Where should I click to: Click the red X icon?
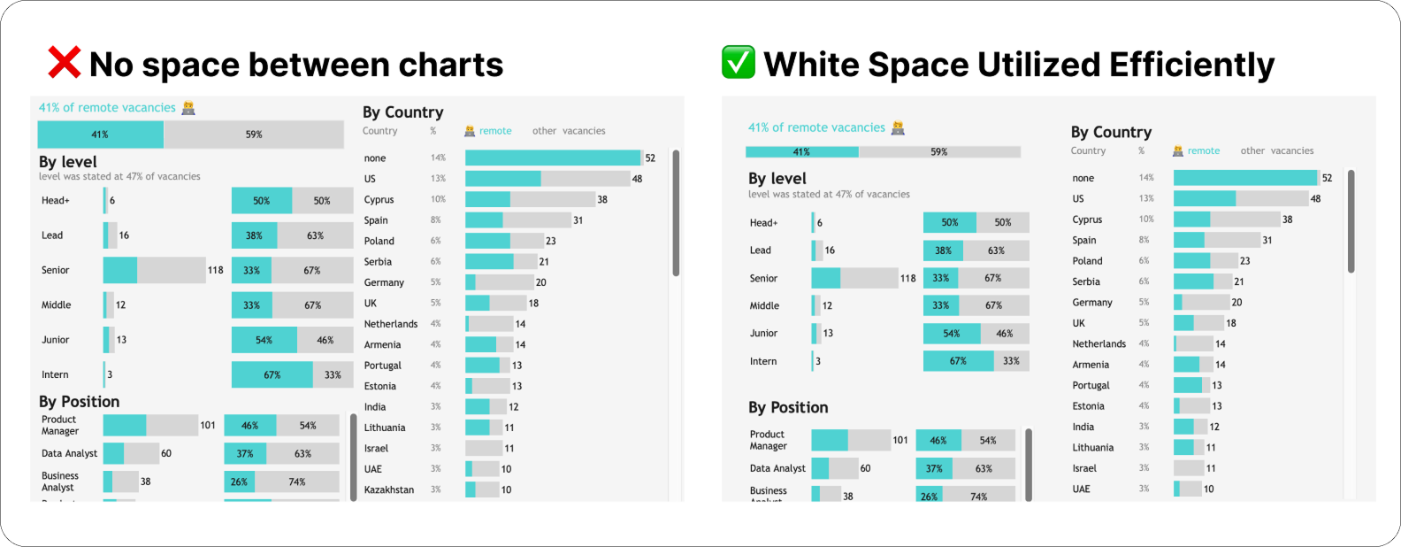click(x=64, y=64)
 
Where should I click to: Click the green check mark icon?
click(x=738, y=63)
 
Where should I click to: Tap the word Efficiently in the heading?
click(x=1191, y=65)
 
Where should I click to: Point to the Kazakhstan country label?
click(x=389, y=489)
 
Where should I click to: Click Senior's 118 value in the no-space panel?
click(x=216, y=270)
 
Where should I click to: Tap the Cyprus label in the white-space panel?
click(x=1087, y=220)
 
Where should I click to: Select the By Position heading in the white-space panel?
click(x=788, y=407)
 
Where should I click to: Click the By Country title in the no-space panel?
click(x=402, y=112)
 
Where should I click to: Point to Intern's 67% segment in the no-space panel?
click(x=272, y=374)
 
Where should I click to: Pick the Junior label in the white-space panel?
click(x=763, y=334)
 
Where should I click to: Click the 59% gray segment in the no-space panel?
click(x=254, y=135)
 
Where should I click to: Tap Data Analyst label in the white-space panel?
click(x=777, y=468)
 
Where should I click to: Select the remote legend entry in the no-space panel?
click(x=495, y=131)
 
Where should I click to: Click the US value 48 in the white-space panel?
click(x=1315, y=199)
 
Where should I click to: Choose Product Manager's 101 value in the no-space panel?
click(x=208, y=425)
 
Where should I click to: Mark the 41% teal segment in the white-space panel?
click(x=801, y=152)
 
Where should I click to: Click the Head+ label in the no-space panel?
click(x=55, y=201)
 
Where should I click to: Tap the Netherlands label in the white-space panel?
click(x=1099, y=344)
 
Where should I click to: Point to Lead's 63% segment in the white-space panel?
click(x=996, y=250)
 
